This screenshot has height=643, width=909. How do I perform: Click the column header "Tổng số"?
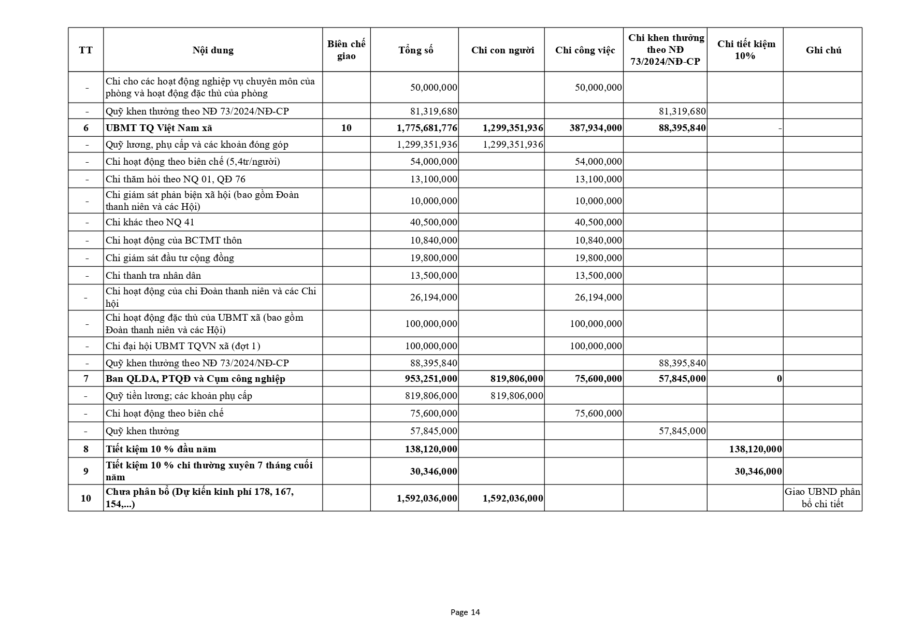click(x=415, y=50)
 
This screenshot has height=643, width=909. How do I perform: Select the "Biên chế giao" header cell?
click(x=346, y=50)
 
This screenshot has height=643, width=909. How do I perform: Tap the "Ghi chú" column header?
click(x=823, y=50)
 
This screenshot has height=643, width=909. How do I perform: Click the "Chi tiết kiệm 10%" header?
click(x=746, y=50)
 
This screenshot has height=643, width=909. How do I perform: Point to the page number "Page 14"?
click(x=465, y=612)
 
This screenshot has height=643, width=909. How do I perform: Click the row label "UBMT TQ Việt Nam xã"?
click(x=159, y=128)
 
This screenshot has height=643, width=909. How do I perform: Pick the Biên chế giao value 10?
click(x=346, y=128)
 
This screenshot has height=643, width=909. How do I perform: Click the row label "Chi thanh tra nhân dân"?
click(x=153, y=276)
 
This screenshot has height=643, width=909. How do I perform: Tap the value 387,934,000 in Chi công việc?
click(x=596, y=128)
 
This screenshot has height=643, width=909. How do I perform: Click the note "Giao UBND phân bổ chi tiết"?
click(x=823, y=498)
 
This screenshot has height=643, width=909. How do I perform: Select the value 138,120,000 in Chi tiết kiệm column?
click(x=755, y=449)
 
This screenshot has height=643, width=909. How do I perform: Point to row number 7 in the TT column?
click(x=86, y=379)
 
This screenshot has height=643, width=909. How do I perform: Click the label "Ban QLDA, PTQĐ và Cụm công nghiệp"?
click(x=195, y=379)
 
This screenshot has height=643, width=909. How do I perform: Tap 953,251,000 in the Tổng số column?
click(x=431, y=379)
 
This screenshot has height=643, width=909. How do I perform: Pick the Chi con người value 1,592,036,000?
click(x=513, y=498)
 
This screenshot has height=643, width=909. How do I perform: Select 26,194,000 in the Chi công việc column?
click(x=598, y=297)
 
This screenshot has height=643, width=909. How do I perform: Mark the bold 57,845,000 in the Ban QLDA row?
click(x=682, y=379)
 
